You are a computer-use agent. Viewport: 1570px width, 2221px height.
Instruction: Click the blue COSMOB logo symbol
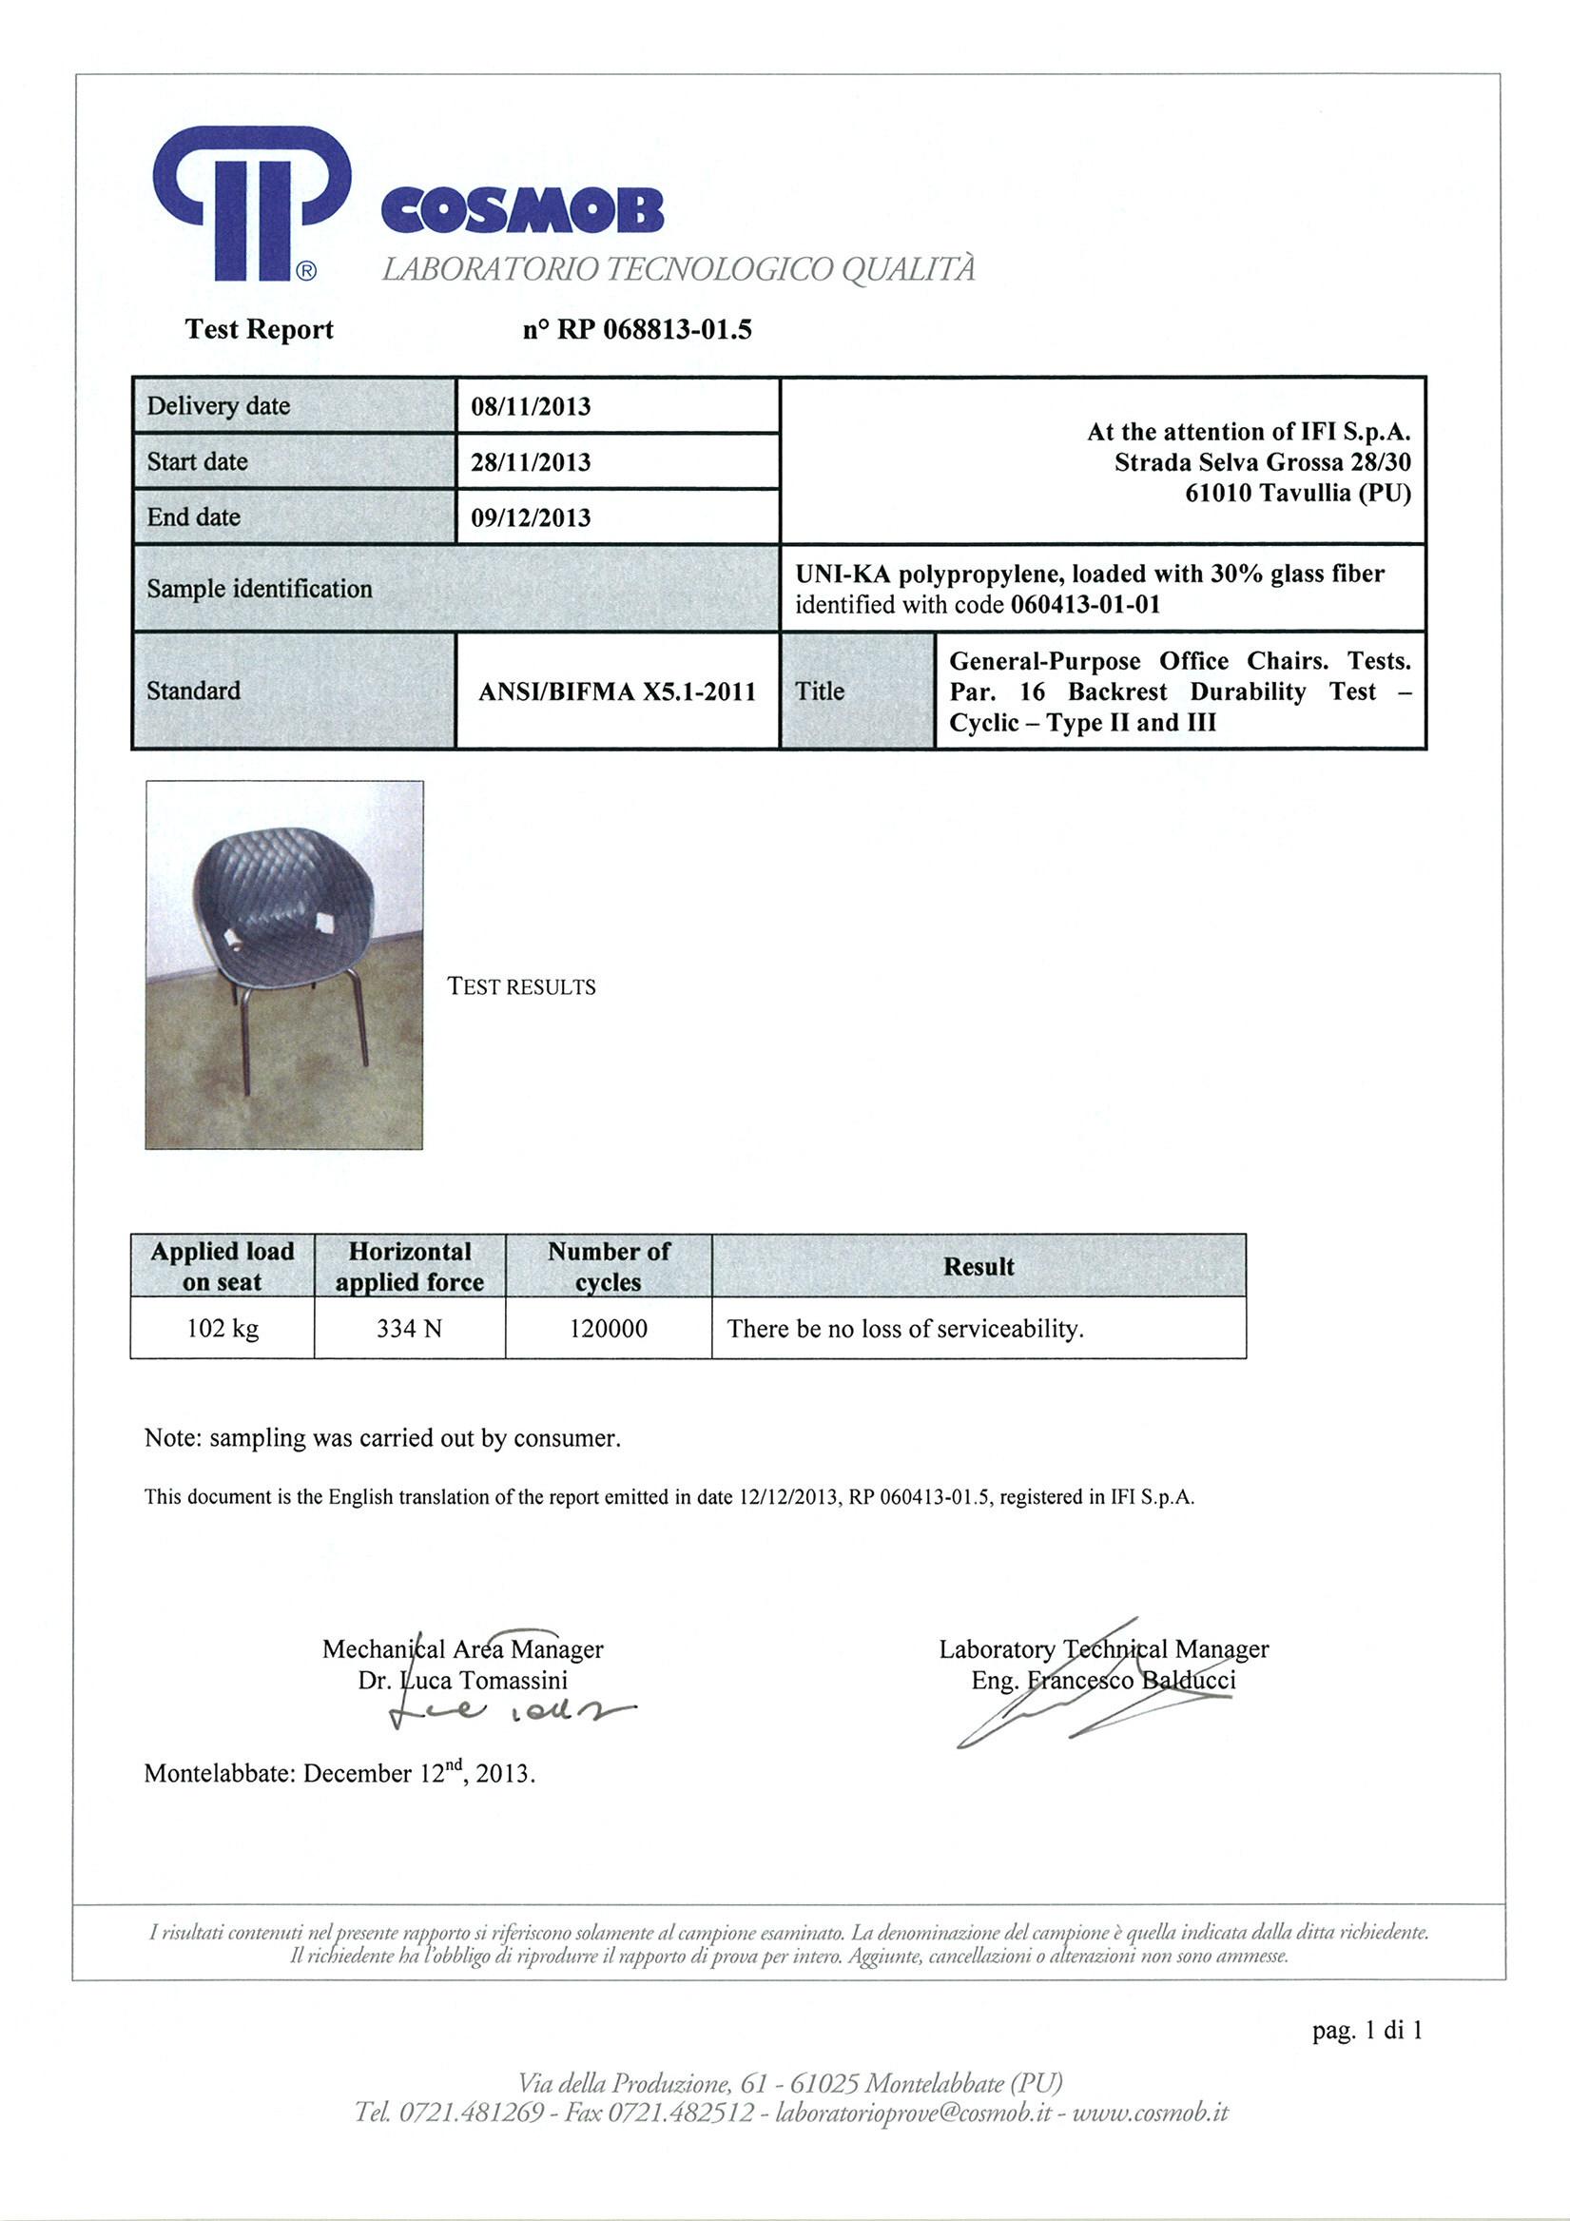point(249,203)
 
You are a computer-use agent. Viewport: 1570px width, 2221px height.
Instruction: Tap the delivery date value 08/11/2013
point(530,406)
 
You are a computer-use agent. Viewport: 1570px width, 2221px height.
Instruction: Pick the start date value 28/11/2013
point(530,462)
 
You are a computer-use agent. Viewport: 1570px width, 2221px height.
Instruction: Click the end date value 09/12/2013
point(530,517)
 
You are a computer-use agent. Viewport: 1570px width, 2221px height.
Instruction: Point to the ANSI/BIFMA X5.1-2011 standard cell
point(617,692)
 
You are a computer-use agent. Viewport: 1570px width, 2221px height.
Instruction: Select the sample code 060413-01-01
point(1084,606)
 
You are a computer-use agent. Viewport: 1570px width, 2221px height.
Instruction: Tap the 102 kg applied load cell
point(223,1328)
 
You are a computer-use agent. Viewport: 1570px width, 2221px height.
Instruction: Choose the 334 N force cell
point(409,1328)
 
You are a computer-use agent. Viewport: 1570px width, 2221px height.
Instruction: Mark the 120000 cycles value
point(609,1328)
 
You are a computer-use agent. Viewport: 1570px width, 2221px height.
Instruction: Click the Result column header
point(978,1266)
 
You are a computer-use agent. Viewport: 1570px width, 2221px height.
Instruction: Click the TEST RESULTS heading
point(521,986)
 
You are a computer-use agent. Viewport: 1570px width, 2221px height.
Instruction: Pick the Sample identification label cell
point(260,589)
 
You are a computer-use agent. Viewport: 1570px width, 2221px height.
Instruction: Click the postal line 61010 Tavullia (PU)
point(1297,494)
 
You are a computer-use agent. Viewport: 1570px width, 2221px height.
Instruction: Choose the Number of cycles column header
point(609,1266)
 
